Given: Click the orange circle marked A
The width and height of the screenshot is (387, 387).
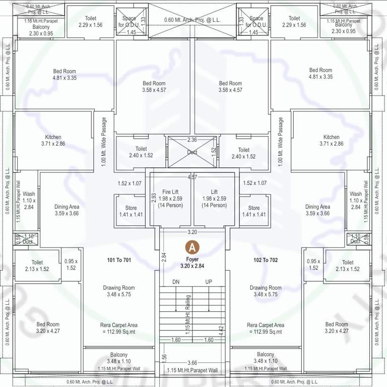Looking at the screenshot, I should (191, 247).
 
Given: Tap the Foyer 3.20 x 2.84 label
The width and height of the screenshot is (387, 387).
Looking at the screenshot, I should (191, 262).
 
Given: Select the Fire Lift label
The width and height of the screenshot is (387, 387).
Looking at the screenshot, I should (170, 192).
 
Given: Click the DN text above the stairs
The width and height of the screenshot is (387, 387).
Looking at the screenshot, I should (176, 282).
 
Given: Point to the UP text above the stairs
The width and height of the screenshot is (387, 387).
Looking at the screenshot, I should (209, 282).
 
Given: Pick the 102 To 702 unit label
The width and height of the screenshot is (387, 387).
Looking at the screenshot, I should (265, 261).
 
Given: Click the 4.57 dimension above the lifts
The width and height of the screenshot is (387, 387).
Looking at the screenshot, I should (192, 177).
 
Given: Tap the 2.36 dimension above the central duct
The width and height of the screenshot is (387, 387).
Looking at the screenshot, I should (192, 140).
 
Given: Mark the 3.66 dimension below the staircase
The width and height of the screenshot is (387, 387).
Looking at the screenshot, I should (192, 363).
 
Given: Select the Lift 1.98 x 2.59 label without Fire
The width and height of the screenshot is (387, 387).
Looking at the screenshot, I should (214, 192).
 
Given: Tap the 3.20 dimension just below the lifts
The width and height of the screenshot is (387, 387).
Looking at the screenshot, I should (192, 232).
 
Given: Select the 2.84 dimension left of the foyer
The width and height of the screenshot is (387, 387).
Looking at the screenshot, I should (164, 257).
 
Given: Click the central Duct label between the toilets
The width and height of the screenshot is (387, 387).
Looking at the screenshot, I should (192, 152).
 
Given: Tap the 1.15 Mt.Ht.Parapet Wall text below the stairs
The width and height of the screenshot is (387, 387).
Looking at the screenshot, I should (192, 370).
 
